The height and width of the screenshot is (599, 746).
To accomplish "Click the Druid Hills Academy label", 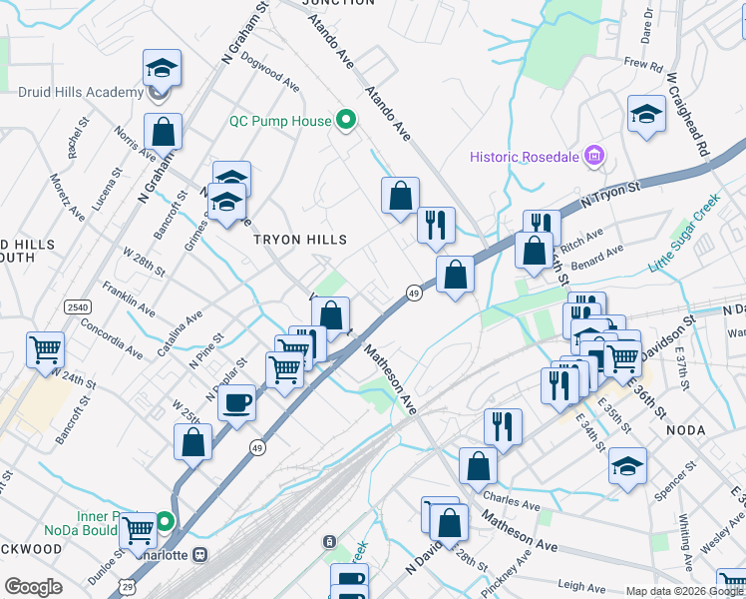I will (81, 93).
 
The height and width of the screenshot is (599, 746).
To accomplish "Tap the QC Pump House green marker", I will (346, 121).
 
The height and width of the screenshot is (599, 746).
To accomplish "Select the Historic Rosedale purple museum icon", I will (595, 155).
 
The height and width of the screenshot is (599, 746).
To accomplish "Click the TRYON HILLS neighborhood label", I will (300, 240).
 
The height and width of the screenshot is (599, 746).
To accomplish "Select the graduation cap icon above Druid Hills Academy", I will (162, 68).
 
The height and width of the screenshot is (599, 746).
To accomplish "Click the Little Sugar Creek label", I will (683, 238).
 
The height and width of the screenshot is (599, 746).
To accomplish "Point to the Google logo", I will (34, 587).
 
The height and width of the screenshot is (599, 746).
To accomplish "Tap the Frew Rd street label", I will (643, 65).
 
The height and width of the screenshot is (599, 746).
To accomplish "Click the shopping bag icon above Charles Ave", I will (479, 465).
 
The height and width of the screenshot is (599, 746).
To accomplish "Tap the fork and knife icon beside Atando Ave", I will (436, 225).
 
